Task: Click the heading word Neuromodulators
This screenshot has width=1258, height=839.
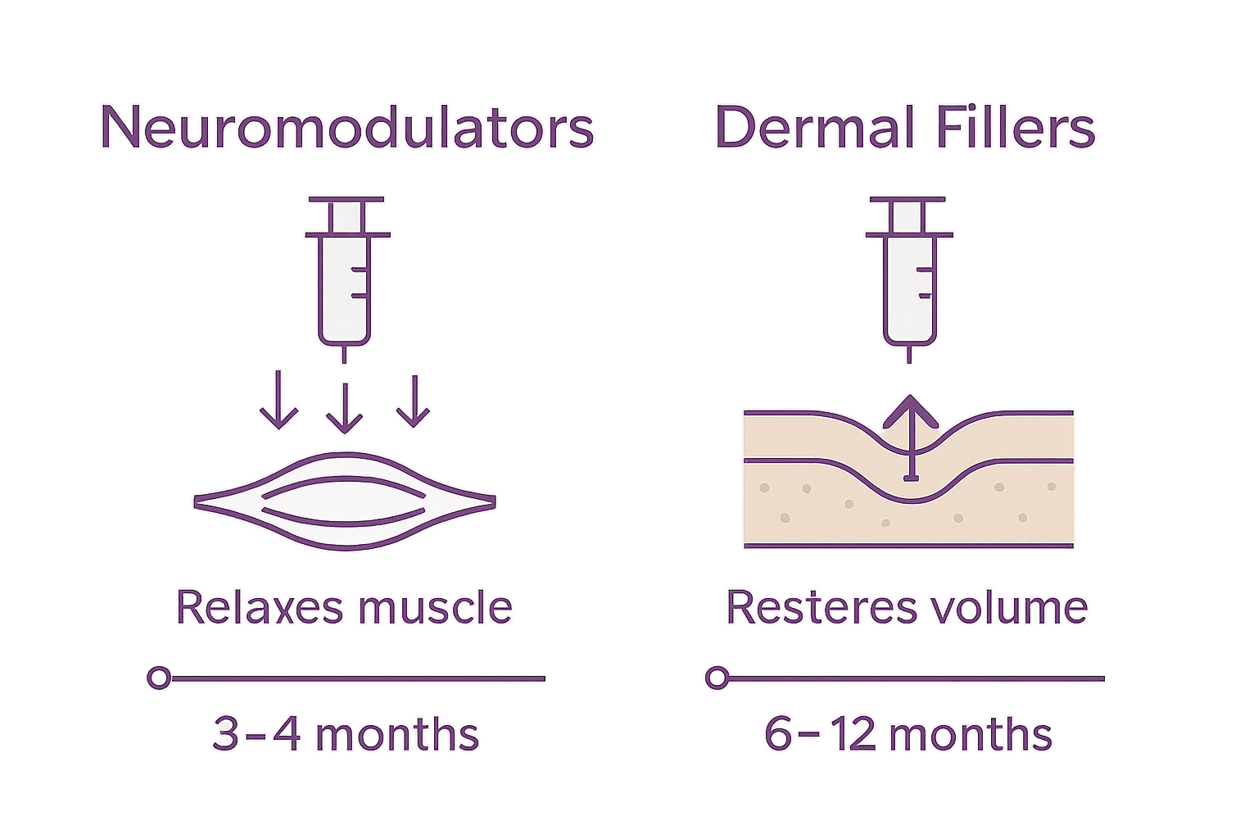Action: (x=346, y=128)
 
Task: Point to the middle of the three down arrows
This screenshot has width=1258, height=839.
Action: (x=344, y=406)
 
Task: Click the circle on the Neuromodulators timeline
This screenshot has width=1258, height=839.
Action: (x=159, y=678)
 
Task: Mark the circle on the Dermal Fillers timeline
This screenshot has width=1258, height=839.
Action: (x=717, y=678)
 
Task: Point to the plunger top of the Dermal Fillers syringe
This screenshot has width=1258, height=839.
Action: (x=907, y=199)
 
